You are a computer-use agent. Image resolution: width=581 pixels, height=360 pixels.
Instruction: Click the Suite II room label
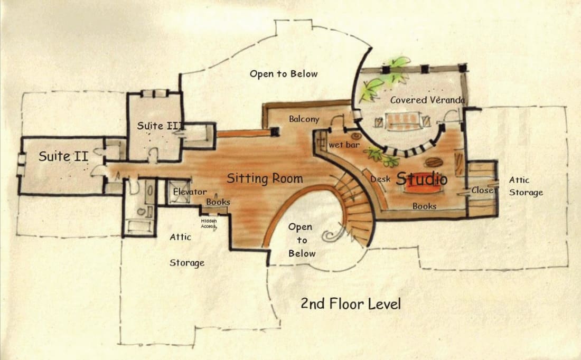63,156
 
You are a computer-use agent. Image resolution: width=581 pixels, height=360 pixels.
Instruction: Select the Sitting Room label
265,178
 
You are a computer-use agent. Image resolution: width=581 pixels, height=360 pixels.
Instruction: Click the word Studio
421,179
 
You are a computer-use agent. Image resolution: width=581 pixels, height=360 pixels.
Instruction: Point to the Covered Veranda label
427,100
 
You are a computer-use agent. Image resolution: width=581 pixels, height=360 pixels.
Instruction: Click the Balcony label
304,119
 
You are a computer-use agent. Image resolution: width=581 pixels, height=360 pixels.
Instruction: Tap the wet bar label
344,145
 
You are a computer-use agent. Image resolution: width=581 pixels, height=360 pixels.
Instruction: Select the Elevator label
190,192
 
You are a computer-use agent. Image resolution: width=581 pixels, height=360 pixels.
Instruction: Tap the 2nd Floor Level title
351,304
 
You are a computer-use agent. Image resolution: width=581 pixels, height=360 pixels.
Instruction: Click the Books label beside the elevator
218,202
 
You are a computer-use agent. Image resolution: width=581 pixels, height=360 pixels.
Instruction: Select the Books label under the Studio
424,206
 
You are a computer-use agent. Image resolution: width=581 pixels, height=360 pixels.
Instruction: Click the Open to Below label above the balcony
284,74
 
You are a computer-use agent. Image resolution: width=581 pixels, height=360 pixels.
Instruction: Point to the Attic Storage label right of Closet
526,186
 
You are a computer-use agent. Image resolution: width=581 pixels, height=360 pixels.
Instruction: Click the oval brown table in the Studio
433,162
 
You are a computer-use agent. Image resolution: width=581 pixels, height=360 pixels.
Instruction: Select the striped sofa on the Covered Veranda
405,121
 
